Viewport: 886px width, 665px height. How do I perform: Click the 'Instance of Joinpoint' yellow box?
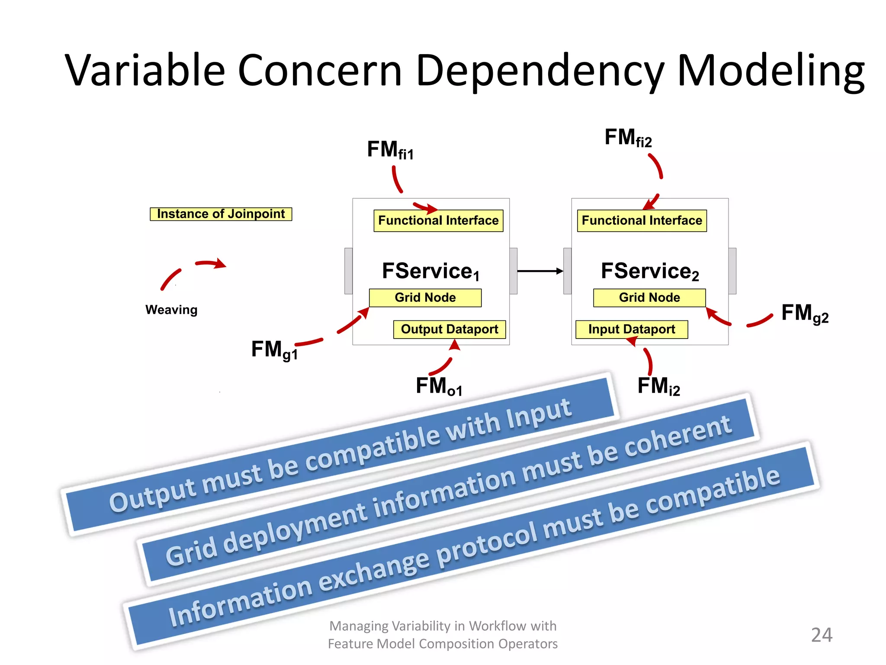[221, 214]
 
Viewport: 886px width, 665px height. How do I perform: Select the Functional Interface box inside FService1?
[438, 221]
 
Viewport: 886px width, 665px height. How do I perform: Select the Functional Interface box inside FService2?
[642, 221]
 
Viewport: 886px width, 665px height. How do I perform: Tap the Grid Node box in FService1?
[425, 298]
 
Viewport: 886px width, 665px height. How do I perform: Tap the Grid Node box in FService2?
[649, 298]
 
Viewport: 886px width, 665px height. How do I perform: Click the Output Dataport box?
[449, 329]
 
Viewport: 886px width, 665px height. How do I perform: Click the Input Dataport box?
[631, 329]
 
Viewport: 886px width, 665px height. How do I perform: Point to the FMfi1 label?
[390, 150]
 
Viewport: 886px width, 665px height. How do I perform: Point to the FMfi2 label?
[628, 138]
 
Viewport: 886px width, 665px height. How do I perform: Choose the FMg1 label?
[274, 350]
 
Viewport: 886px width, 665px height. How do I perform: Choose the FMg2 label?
[805, 313]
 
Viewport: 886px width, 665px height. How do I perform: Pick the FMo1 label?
[439, 386]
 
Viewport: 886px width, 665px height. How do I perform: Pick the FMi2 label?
[658, 386]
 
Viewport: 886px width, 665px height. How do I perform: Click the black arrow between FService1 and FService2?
[540, 271]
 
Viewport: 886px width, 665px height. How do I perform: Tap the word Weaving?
[171, 310]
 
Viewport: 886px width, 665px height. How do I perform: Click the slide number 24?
[821, 635]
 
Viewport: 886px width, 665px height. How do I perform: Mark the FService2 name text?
[650, 271]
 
